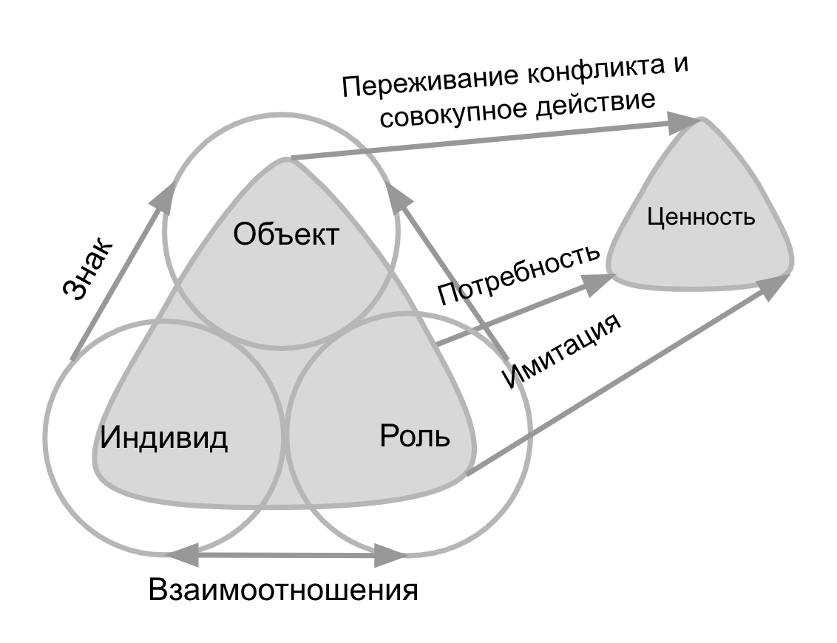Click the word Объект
[286, 235]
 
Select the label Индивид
[164, 437]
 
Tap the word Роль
[415, 435]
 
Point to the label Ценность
[701, 217]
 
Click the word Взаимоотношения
[283, 591]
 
